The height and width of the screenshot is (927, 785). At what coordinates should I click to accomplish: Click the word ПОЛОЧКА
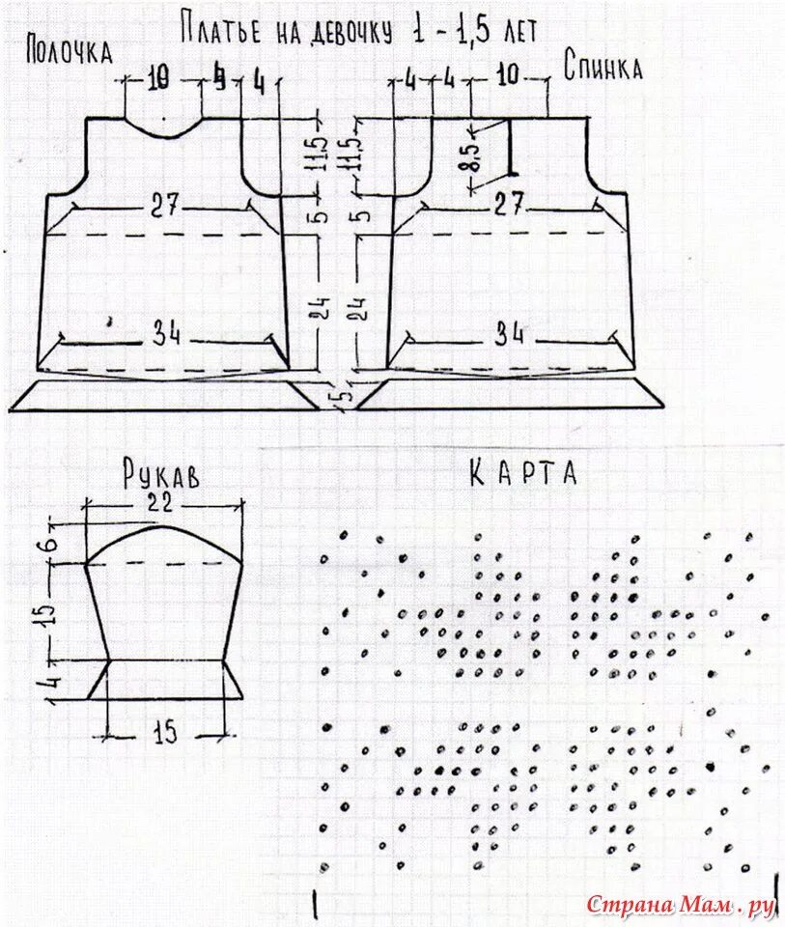(x=70, y=50)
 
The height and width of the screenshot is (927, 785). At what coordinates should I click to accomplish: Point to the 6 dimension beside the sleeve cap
(x=55, y=544)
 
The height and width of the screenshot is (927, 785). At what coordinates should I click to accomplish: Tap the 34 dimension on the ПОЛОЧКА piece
(x=164, y=334)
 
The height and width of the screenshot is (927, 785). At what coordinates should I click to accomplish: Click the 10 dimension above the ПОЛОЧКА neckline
(x=159, y=82)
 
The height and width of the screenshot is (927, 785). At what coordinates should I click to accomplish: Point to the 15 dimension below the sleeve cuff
(x=166, y=733)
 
